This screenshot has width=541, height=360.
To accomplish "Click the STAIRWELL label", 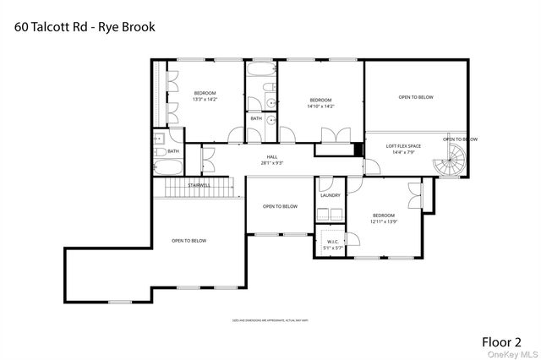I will point(199,183).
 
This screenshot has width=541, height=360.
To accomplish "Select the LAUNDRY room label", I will point(330,195).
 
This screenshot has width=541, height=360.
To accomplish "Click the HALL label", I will point(272,156).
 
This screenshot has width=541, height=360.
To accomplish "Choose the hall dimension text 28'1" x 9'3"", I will point(272,162).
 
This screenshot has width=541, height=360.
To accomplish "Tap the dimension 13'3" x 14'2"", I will point(205,99).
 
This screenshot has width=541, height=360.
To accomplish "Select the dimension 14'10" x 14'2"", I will point(320,106).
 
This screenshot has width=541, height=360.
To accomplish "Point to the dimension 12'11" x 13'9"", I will point(384,221).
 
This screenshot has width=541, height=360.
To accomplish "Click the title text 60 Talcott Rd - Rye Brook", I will point(85,26).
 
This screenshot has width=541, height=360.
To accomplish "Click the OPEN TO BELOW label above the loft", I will point(416,97).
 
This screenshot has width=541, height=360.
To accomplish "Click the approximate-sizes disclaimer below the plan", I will point(270,321).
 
